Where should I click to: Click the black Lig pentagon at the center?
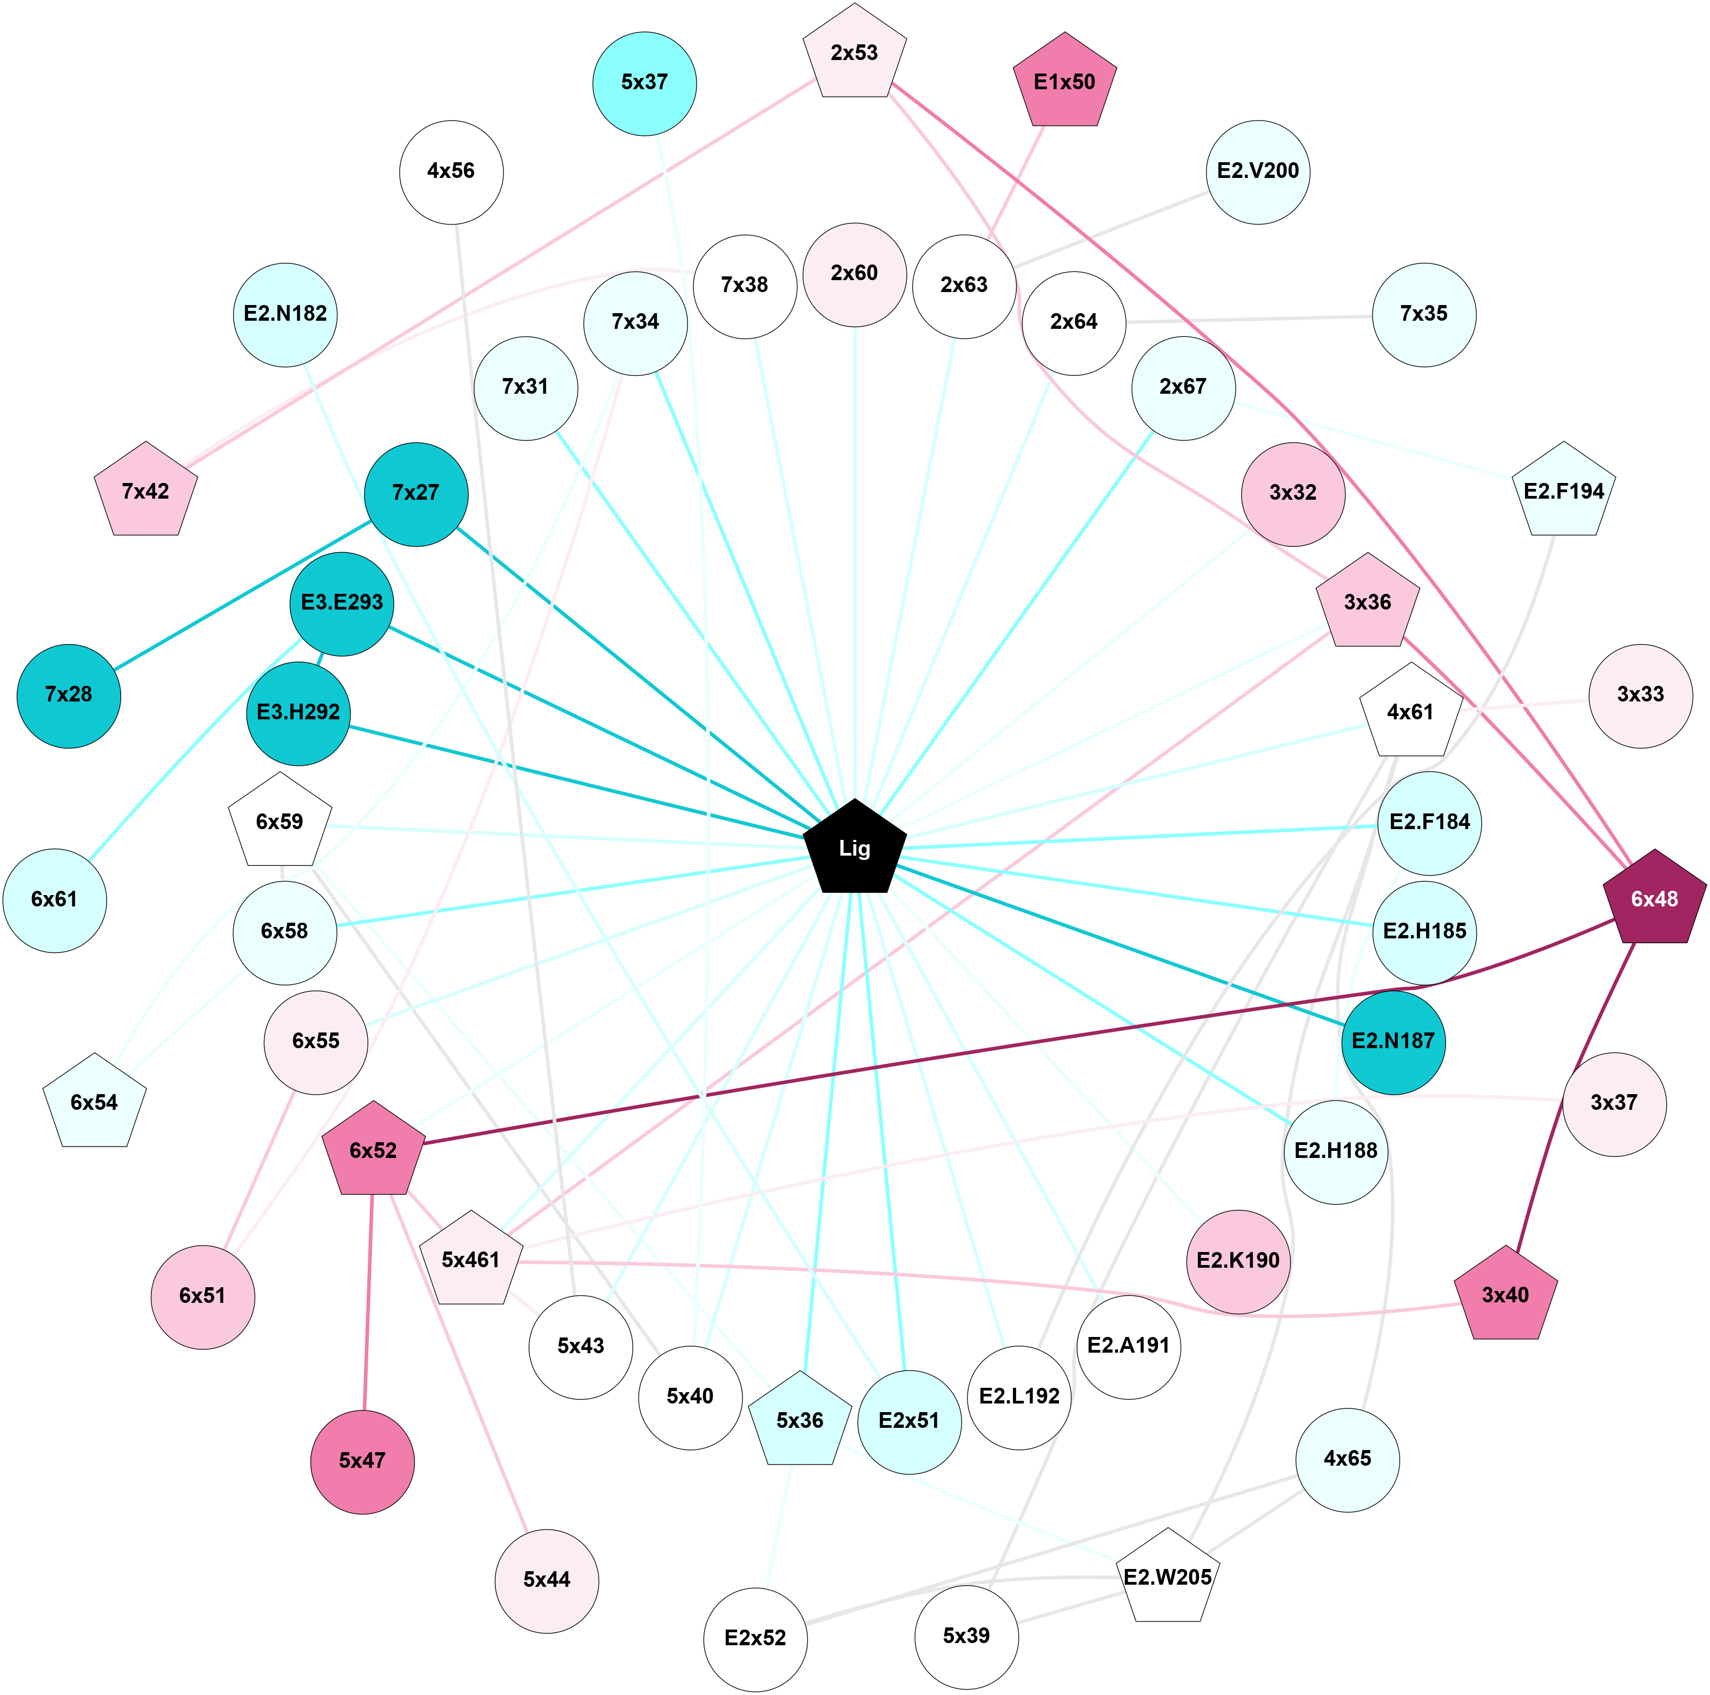pyautogui.click(x=854, y=848)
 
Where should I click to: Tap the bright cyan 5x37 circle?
pyautogui.click(x=644, y=83)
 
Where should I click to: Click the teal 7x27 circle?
pyautogui.click(x=416, y=494)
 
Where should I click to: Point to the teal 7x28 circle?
pyautogui.click(x=69, y=696)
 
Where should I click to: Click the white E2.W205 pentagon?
pyautogui.click(x=1168, y=1577)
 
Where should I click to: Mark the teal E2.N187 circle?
pyautogui.click(x=1393, y=1042)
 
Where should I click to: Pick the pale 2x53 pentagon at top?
pyautogui.click(x=854, y=53)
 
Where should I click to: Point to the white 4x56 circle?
pyautogui.click(x=452, y=171)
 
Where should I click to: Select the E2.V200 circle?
pyautogui.click(x=1258, y=171)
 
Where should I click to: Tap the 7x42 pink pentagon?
pyautogui.click(x=146, y=492)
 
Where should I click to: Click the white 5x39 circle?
pyautogui.click(x=966, y=1637)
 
